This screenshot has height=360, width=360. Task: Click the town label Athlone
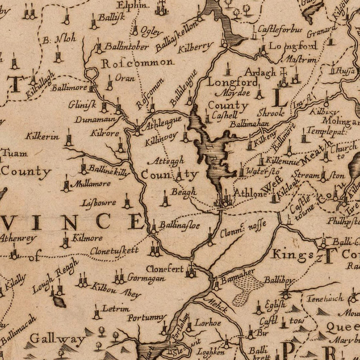[250, 192]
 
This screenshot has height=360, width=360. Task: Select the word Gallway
[58, 340]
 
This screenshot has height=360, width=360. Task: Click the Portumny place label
[146, 318]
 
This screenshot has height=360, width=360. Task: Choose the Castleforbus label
[280, 30]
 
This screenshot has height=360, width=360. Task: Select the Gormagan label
[146, 278]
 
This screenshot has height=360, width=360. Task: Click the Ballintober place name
[126, 46]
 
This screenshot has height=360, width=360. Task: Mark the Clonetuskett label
[114, 251]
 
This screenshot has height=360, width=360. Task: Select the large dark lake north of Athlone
[214, 156]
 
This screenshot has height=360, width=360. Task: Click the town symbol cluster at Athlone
[225, 200]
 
